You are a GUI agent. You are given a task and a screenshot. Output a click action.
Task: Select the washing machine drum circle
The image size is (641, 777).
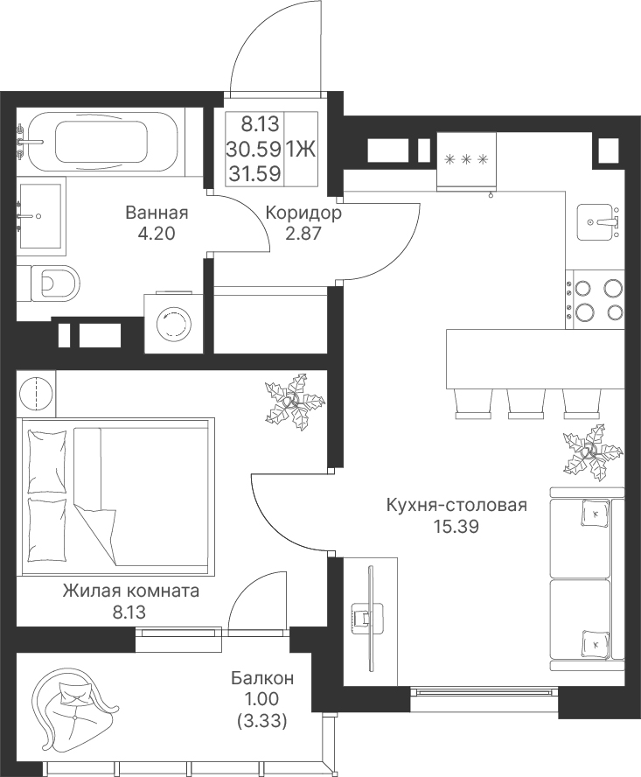[x=174, y=324]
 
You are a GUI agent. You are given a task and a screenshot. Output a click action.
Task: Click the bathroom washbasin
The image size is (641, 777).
[x=40, y=215]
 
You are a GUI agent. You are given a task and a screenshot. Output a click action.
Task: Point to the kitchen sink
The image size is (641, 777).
[x=598, y=222]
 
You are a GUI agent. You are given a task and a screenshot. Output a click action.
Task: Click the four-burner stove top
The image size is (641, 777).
[x=595, y=299]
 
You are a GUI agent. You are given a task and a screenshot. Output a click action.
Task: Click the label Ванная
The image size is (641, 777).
[x=157, y=213]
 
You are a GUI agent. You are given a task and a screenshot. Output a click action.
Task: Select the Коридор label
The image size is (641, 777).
[x=303, y=213]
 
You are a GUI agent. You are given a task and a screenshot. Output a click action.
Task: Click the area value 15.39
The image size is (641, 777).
[x=456, y=527]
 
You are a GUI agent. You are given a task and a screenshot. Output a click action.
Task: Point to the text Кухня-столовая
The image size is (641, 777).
[x=456, y=506]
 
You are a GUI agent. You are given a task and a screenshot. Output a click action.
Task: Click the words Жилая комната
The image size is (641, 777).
[x=131, y=591]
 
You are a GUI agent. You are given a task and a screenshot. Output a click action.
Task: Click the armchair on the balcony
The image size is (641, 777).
[x=74, y=699]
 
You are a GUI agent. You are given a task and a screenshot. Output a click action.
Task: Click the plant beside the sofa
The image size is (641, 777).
[x=590, y=451]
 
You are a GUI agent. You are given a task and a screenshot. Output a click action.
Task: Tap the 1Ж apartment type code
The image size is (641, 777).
[x=301, y=149]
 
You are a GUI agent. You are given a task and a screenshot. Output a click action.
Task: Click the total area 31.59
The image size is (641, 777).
[x=254, y=173]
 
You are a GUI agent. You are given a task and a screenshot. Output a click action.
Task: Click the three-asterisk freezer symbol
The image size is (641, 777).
[x=466, y=159]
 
